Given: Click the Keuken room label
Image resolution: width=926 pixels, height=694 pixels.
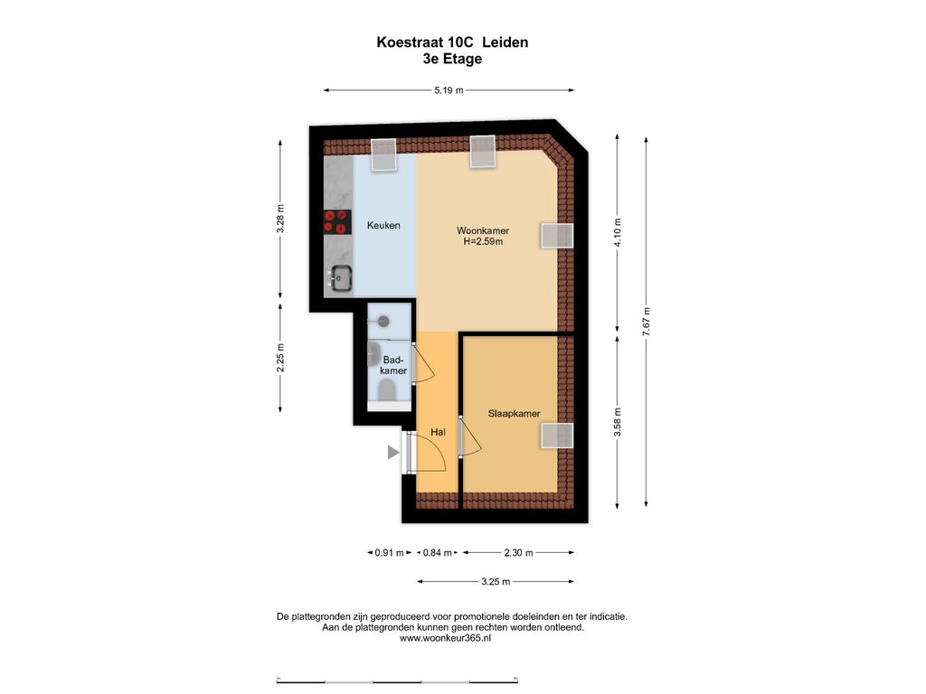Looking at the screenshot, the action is tap(383, 225).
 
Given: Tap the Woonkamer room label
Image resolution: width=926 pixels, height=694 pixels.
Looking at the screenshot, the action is tap(483, 230).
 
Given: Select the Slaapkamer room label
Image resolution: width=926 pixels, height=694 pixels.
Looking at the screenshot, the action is tap(514, 413).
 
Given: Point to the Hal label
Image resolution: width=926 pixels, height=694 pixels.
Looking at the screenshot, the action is tap(438, 432).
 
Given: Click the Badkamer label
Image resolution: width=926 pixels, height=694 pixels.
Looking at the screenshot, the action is tap(393, 365).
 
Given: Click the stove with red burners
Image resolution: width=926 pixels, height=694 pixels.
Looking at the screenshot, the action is tap(336, 222).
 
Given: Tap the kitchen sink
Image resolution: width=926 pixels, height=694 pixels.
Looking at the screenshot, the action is tap(341, 277).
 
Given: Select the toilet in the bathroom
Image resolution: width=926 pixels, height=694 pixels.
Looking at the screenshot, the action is tap(387, 390).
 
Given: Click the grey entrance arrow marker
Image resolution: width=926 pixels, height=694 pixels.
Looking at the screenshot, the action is tap(393, 453).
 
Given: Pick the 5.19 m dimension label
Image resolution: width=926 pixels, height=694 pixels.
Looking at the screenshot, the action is tap(449, 90).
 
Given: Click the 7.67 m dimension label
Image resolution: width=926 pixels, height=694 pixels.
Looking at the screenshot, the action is tap(646, 323).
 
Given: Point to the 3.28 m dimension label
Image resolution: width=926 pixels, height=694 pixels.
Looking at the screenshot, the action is tap(280, 219).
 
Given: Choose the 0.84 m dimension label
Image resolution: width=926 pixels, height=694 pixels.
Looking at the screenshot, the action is tap(438, 553).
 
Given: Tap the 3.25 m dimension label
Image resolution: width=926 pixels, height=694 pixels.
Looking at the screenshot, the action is tap(496, 582).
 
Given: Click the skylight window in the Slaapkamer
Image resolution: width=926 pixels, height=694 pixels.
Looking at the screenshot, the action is tap(557, 436).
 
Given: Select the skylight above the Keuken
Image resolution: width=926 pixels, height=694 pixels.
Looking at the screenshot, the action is tap(383, 155).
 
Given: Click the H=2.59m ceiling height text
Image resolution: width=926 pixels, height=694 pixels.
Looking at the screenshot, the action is tap(483, 241).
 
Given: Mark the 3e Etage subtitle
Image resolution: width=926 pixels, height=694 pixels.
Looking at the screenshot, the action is tap(452, 59).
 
